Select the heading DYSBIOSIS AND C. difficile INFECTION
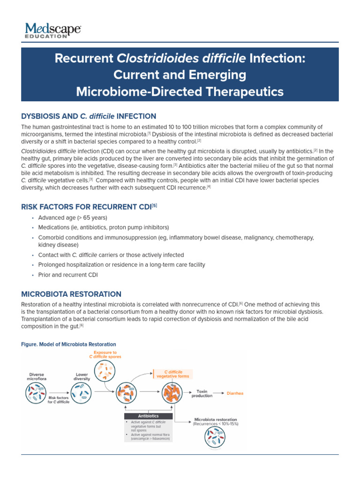pos(89,116)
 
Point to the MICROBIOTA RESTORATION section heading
pos(71,294)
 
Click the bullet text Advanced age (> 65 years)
pos(73,217)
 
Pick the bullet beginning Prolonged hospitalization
pos(121,265)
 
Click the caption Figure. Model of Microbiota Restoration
pos(68,345)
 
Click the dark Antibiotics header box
pos(149,416)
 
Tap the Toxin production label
pos(202,393)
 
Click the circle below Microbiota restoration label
pos(215,439)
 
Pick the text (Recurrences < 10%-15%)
pos(215,424)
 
